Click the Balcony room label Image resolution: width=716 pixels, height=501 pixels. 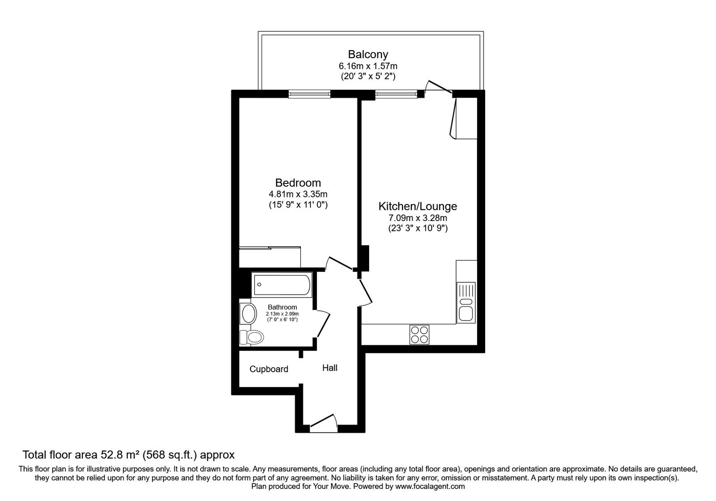[368, 55]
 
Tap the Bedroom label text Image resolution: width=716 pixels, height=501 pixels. [298, 183]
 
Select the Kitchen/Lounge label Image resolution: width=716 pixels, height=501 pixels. [418, 206]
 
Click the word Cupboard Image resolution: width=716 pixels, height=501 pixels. [268, 369]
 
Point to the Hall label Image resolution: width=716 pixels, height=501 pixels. [330, 368]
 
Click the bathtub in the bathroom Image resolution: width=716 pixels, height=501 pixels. [281, 284]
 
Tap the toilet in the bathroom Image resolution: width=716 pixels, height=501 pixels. [251, 337]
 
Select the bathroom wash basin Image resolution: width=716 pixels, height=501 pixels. [248, 313]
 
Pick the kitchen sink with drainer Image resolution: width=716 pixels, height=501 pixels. [466, 302]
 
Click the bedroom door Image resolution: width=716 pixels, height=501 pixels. [339, 263]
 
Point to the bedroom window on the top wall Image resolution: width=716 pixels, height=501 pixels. [309, 93]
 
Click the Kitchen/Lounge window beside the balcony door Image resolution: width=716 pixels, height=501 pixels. [396, 93]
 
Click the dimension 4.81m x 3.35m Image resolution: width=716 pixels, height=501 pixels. [298, 194]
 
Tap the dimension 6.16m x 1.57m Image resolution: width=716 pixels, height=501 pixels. [368, 66]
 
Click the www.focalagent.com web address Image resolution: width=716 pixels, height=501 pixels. [430, 486]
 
